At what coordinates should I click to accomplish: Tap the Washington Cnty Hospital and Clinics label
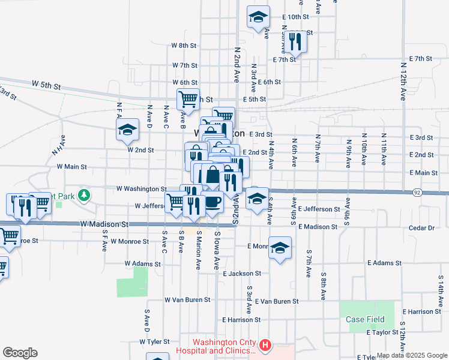(x=224, y=347)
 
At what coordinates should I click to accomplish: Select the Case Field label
(x=365, y=319)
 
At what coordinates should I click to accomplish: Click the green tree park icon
(x=85, y=194)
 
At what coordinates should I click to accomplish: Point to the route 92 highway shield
(x=417, y=193)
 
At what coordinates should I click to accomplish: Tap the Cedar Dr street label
(x=421, y=228)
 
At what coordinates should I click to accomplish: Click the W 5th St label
(x=47, y=86)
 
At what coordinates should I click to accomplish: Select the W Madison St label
(x=104, y=224)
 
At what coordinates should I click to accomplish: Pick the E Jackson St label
(x=241, y=273)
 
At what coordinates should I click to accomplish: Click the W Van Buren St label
(x=187, y=299)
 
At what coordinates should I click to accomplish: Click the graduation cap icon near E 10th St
(x=258, y=17)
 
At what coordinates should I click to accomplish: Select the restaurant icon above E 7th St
(x=295, y=41)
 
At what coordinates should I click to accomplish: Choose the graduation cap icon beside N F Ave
(x=127, y=130)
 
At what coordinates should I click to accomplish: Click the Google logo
(x=20, y=353)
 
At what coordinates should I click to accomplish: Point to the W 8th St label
(x=184, y=46)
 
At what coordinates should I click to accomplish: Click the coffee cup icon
(x=213, y=201)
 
